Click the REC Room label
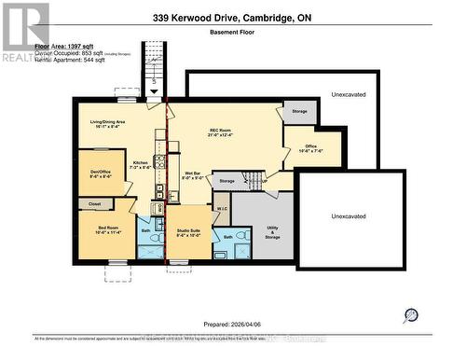point(224,132)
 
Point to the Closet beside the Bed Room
point(94,203)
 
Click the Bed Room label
point(109,228)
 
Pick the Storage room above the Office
point(298,112)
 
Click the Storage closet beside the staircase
point(227,179)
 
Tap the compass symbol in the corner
point(411,316)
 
